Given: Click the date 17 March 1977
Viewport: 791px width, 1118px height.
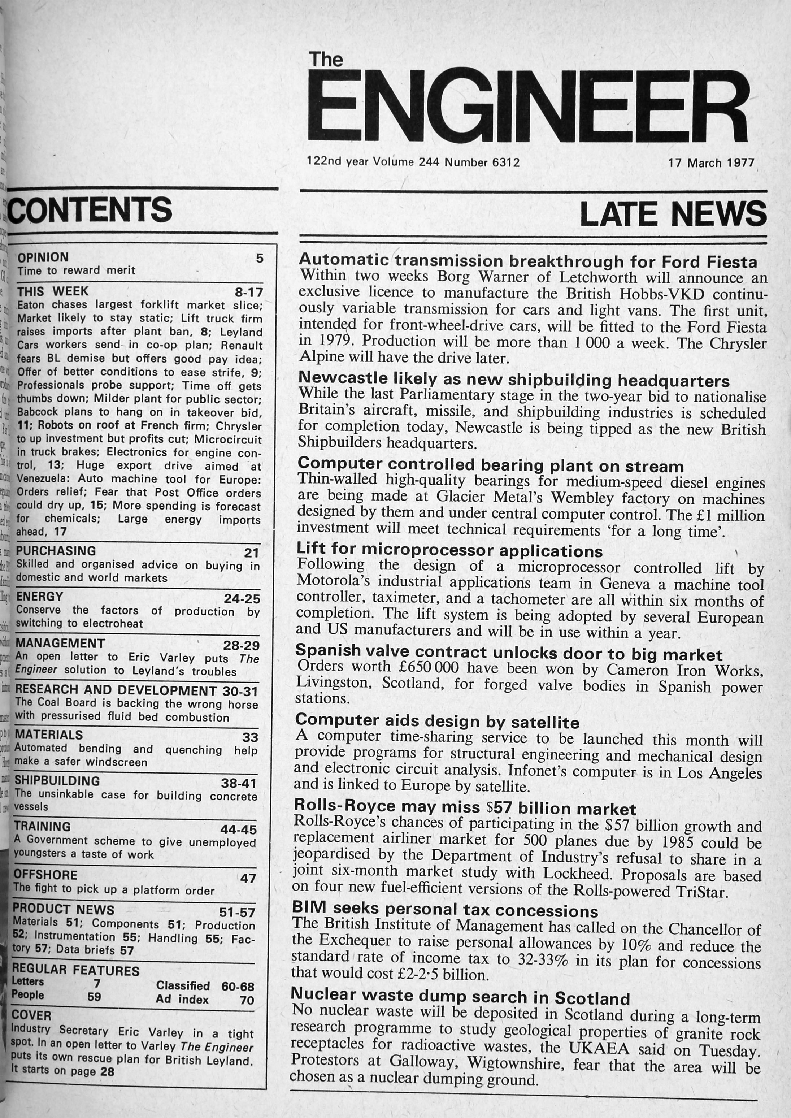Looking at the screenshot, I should tap(711, 163).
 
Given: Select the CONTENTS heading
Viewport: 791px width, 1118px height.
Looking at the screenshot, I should tap(91, 209).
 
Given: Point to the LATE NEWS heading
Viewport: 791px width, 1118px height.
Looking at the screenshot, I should tap(673, 214).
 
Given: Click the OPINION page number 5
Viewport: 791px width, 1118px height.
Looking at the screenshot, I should tap(260, 258).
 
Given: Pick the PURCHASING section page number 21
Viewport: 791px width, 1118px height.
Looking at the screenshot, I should tap(251, 553).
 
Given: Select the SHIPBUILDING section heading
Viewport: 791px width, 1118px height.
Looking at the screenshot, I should tap(57, 780).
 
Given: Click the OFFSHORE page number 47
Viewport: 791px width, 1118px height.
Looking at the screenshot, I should tap(248, 878).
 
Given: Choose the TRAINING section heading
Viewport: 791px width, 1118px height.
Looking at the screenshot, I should tap(42, 827).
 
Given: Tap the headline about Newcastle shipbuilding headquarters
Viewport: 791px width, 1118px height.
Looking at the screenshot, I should tap(514, 380).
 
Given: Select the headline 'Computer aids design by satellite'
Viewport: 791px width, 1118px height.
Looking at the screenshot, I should tap(437, 720).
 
